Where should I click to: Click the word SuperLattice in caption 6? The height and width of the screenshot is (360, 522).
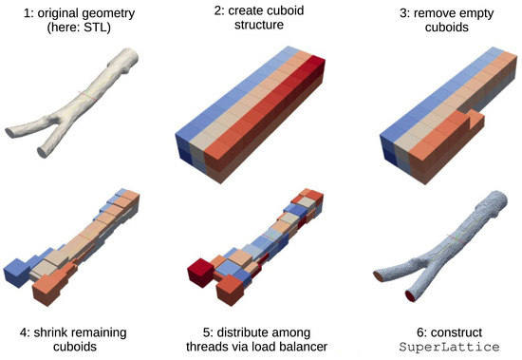tap(450, 347)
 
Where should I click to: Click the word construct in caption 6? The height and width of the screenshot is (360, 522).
tap(457, 332)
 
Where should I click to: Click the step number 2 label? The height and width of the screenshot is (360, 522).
tap(219, 10)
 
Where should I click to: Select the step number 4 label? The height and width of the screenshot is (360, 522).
tap(25, 332)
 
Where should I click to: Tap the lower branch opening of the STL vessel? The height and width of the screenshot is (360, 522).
tap(43, 152)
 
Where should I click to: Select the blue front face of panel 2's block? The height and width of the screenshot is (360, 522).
tap(183, 150)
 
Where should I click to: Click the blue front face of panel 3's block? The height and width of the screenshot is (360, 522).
tap(388, 150)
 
